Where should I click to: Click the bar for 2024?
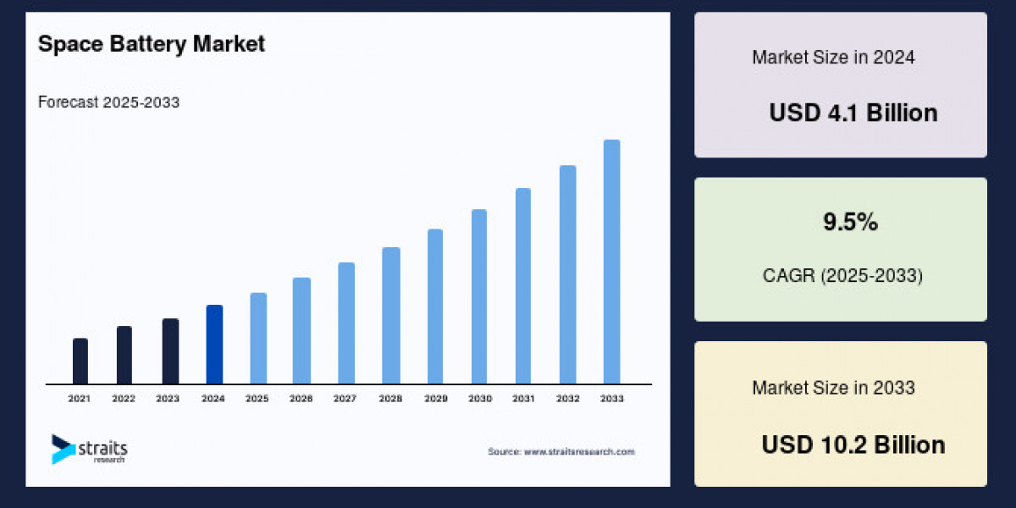coord(214,345)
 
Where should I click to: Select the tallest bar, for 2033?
coord(611,262)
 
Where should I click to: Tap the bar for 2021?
coord(80,362)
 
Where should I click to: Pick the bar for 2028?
coord(390,316)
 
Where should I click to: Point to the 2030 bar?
coord(479,296)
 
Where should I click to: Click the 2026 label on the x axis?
coord(302,398)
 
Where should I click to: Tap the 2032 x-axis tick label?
coord(567,398)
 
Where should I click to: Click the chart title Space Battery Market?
coord(152,44)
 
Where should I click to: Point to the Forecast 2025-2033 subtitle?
coord(108,102)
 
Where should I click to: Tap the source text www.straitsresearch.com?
coord(561,452)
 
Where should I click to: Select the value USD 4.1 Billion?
coord(853,113)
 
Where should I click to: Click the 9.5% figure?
coord(850,223)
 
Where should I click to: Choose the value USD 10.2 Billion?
coord(853,444)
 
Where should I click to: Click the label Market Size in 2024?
coord(833,58)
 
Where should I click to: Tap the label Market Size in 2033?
coord(833,388)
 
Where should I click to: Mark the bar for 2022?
coord(124,355)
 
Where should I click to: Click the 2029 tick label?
coord(435,398)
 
